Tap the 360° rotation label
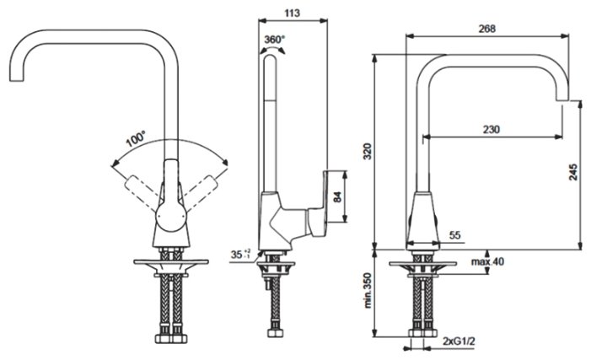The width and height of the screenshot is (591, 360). pos(274,40)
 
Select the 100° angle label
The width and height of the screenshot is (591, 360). pos(135,137)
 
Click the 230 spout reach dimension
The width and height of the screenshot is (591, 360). pos(492,129)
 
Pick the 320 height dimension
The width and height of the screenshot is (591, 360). pos(366,152)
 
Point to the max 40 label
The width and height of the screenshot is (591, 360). pos(486,261)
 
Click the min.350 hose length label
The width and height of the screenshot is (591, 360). pos(368,291)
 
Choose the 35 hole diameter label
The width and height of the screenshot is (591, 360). pos(239,253)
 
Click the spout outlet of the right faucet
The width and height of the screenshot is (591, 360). pos(568,100)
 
